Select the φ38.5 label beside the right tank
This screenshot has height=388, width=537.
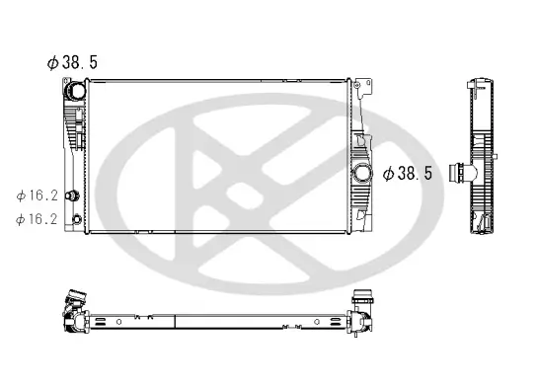coord(407,173)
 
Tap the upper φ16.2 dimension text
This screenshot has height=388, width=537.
coord(37,196)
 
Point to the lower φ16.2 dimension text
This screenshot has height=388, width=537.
coord(37,218)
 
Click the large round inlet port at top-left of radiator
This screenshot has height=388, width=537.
coord(75,92)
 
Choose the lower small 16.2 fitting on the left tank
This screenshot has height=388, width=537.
coord(75,210)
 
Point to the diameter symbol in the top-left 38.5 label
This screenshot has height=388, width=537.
coord(53,61)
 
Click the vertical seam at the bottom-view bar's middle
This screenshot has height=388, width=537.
coord(176,320)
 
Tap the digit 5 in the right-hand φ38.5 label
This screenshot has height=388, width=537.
coord(428,173)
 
